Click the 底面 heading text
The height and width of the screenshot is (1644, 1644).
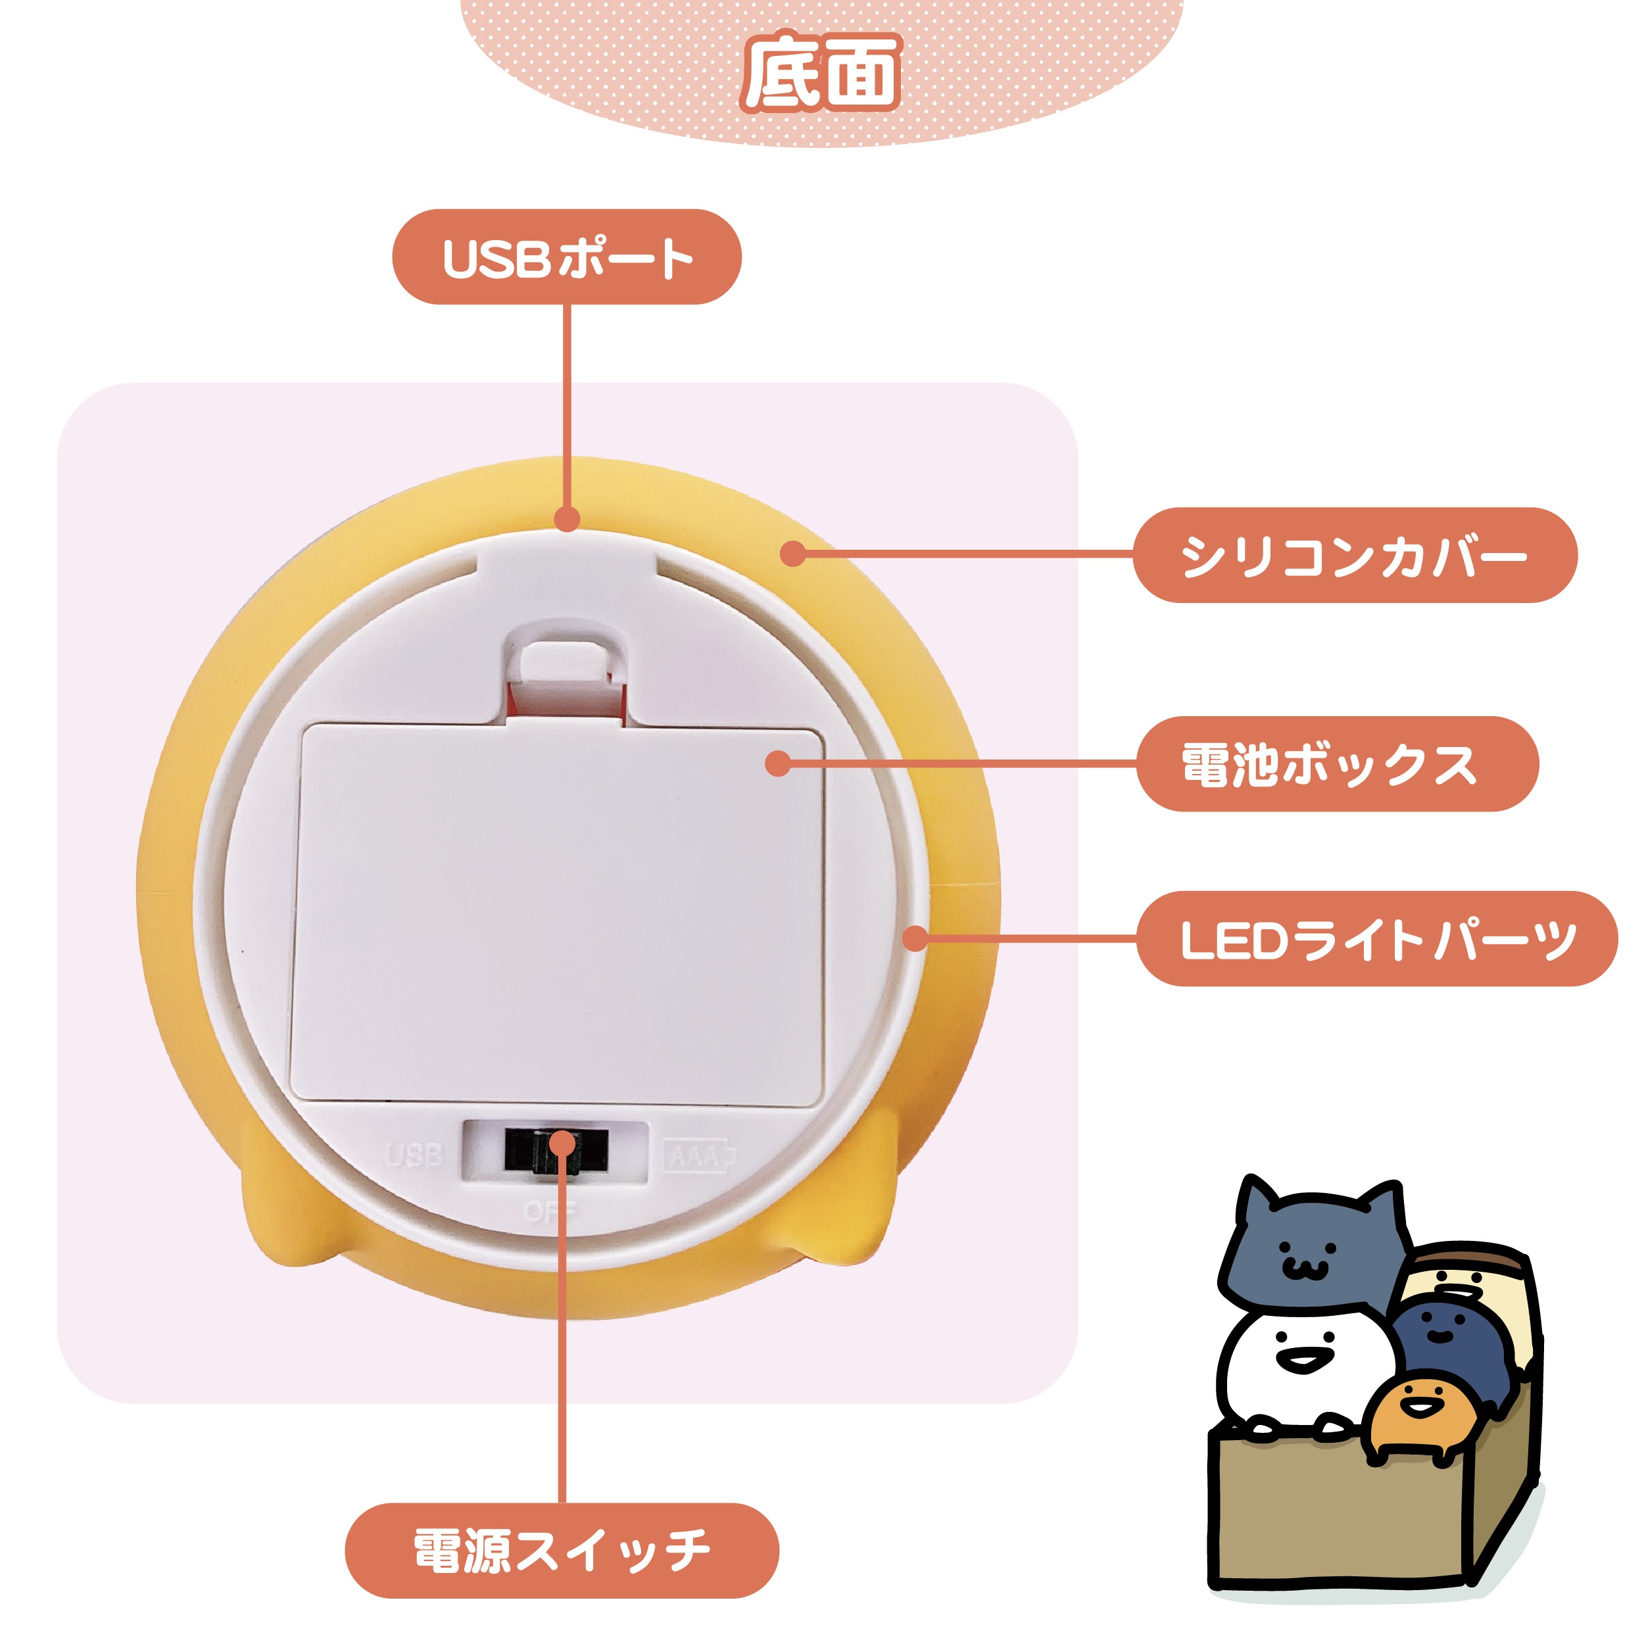coord(822,73)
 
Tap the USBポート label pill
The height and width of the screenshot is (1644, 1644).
coord(567,258)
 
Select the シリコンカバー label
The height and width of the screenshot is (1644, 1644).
coord(1355,556)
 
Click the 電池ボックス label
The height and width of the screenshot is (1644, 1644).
coord(1338,764)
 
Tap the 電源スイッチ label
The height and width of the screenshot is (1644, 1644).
coord(562,1551)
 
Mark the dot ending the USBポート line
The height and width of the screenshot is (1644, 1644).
coord(567,519)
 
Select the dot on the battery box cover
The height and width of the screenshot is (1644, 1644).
coord(778,763)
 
